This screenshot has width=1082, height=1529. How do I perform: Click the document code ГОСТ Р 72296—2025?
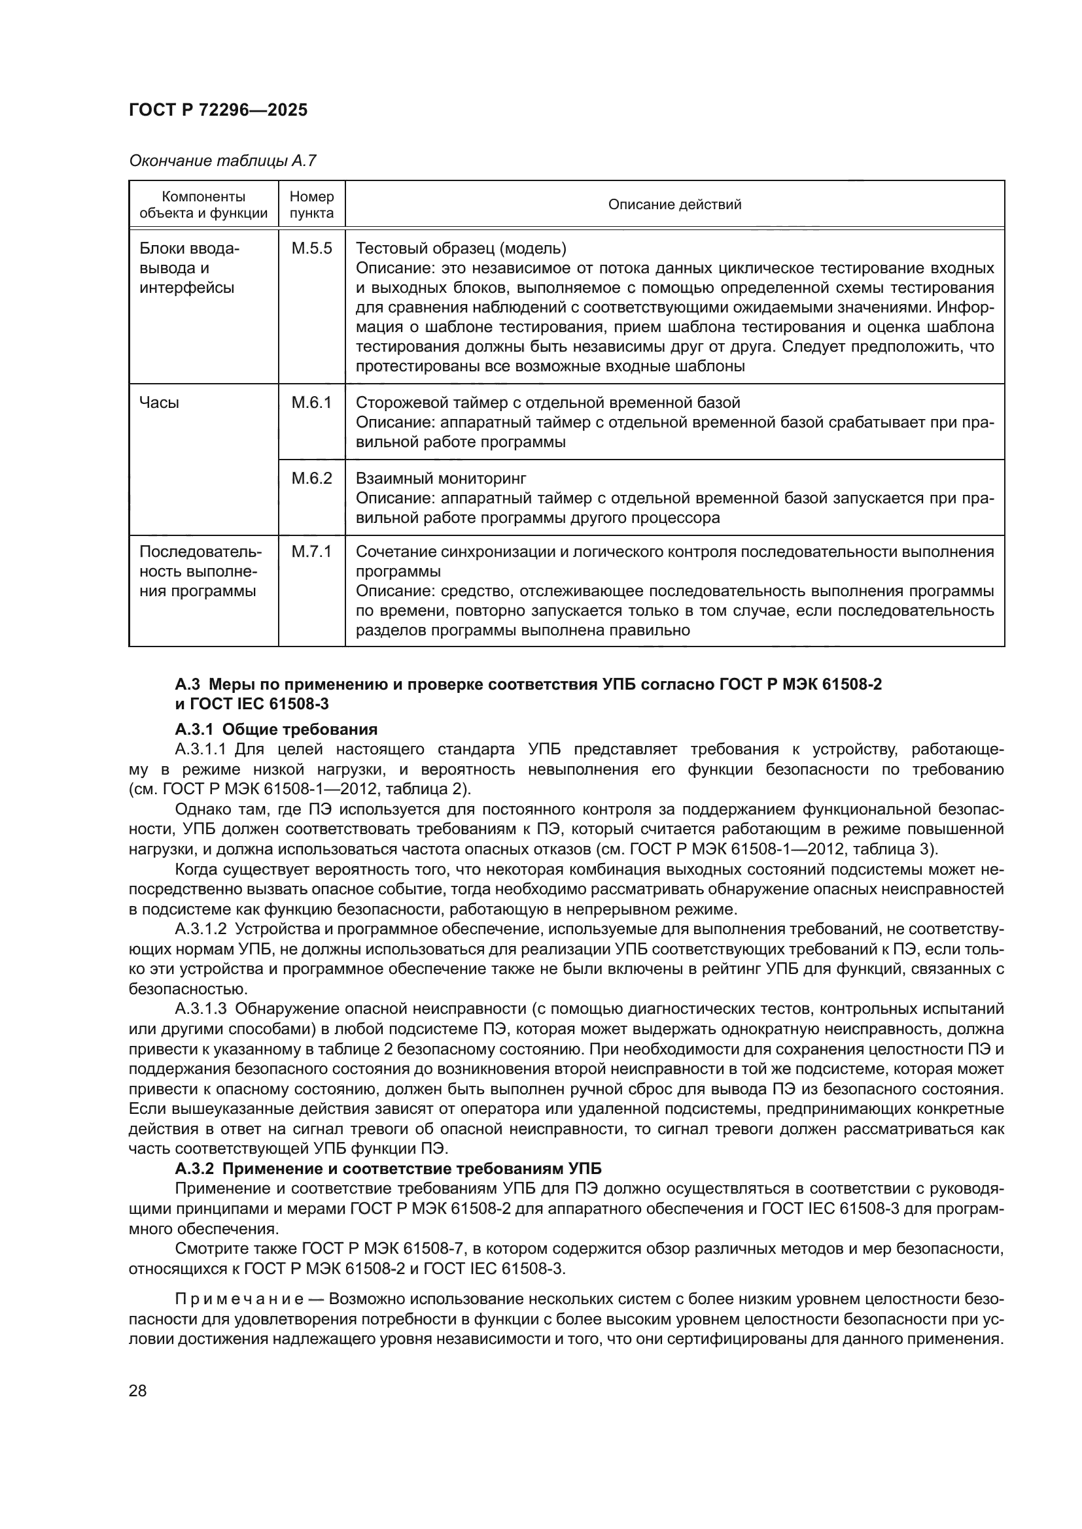click(218, 110)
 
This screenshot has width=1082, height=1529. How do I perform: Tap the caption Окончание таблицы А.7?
click(222, 161)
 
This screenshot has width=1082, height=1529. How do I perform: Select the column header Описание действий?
click(674, 205)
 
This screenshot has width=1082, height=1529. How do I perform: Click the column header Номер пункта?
click(312, 205)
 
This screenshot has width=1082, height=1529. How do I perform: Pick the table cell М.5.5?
click(312, 249)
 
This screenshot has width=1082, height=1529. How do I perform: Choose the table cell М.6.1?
click(312, 403)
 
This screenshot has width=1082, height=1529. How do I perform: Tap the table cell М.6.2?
click(312, 479)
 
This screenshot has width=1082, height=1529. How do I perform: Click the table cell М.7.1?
click(312, 552)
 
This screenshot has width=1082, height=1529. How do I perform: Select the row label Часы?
click(159, 403)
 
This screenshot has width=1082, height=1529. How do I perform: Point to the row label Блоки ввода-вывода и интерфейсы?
click(188, 269)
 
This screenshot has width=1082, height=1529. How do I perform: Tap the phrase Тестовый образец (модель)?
click(461, 249)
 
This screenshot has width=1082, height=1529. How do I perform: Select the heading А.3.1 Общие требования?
click(276, 730)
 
